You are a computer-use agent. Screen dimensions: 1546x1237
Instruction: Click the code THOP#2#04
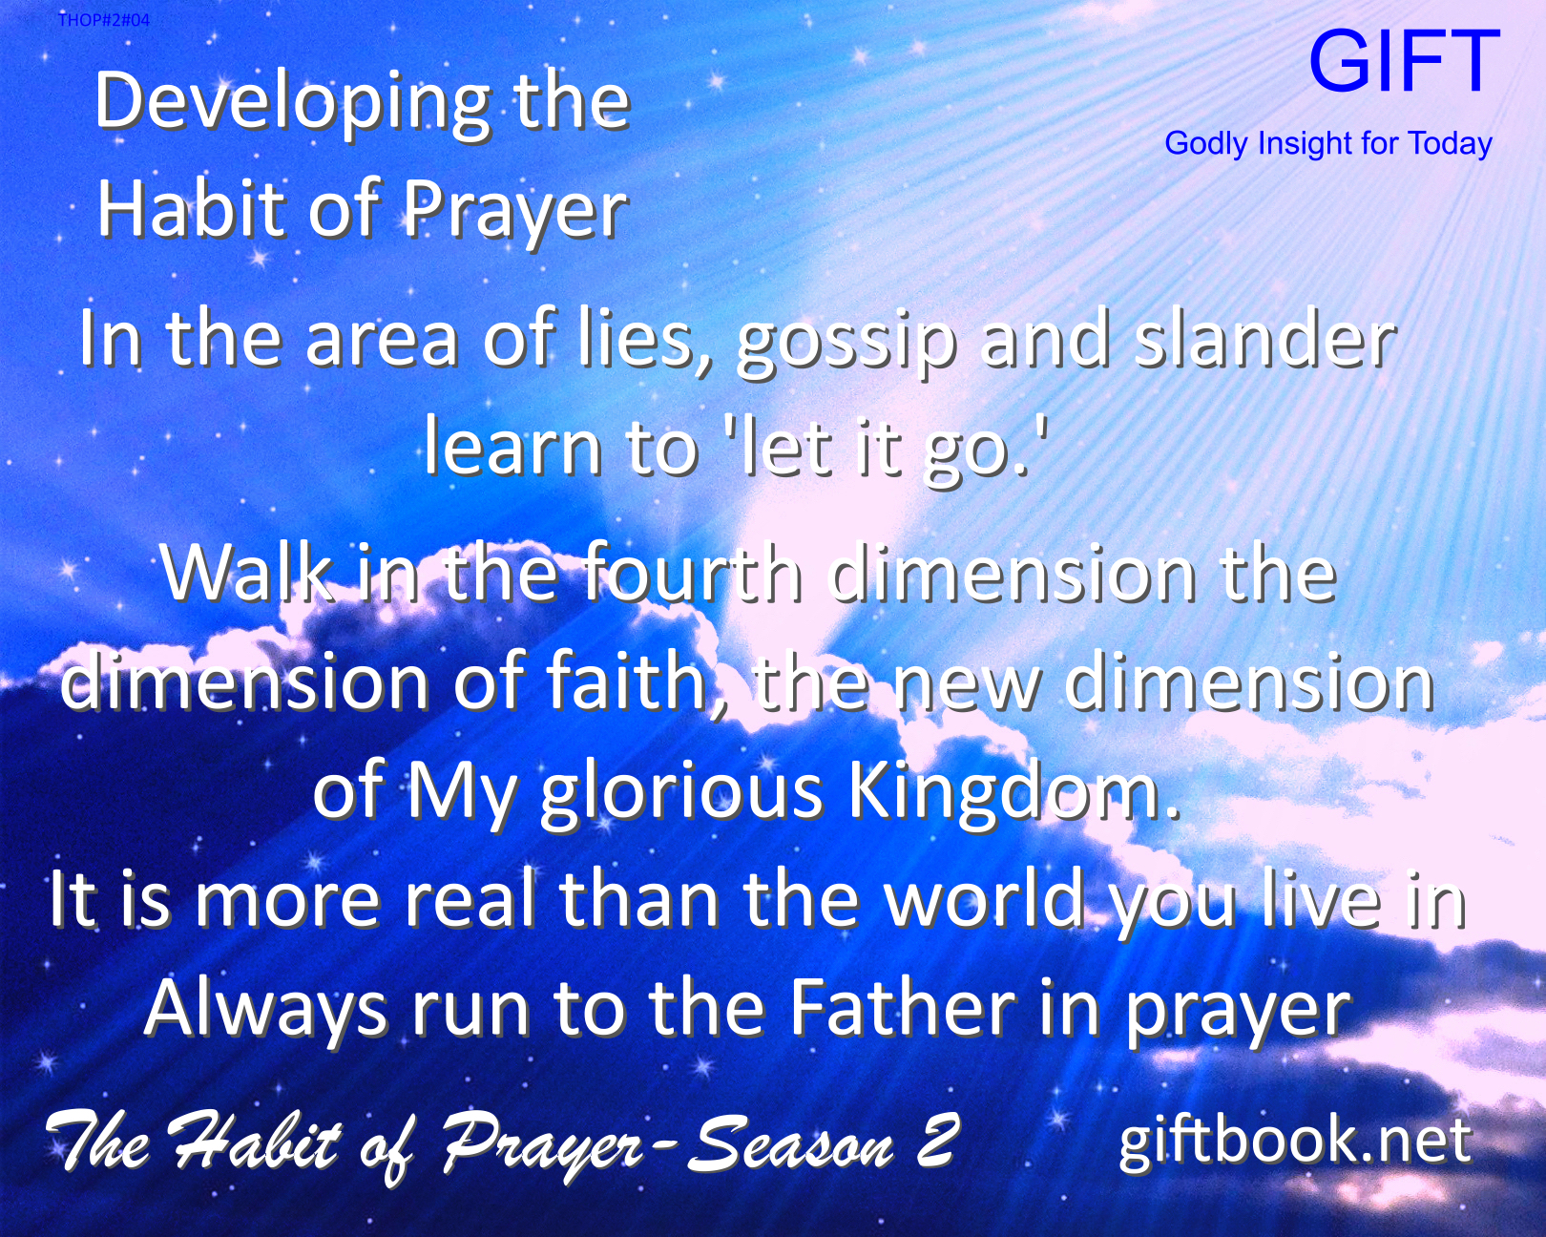click(x=103, y=20)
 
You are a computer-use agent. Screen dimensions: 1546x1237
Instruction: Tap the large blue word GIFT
click(x=1404, y=62)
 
